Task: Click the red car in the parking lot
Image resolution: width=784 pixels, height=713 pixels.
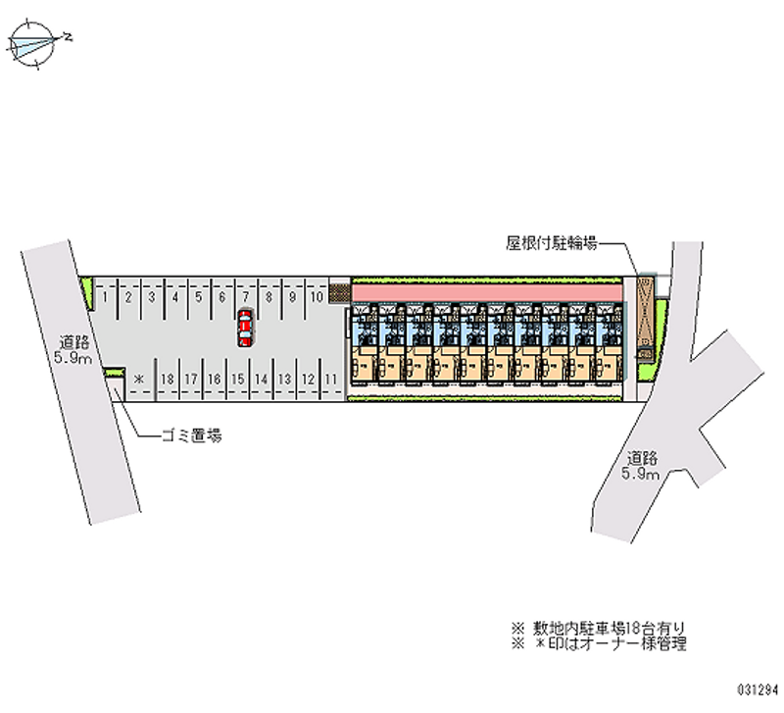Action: (244, 327)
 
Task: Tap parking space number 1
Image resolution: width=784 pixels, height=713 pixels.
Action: (104, 294)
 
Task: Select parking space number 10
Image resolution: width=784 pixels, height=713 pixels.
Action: (317, 294)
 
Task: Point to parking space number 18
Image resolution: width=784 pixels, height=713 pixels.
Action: (168, 378)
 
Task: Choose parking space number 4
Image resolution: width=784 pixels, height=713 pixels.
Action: (174, 294)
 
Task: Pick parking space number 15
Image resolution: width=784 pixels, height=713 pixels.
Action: (237, 378)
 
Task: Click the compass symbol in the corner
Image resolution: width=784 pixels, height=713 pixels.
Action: (37, 42)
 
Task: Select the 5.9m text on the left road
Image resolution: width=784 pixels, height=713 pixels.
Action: (74, 358)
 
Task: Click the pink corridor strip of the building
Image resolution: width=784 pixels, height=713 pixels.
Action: (486, 293)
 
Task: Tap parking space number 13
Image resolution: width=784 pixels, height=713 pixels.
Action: (284, 378)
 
